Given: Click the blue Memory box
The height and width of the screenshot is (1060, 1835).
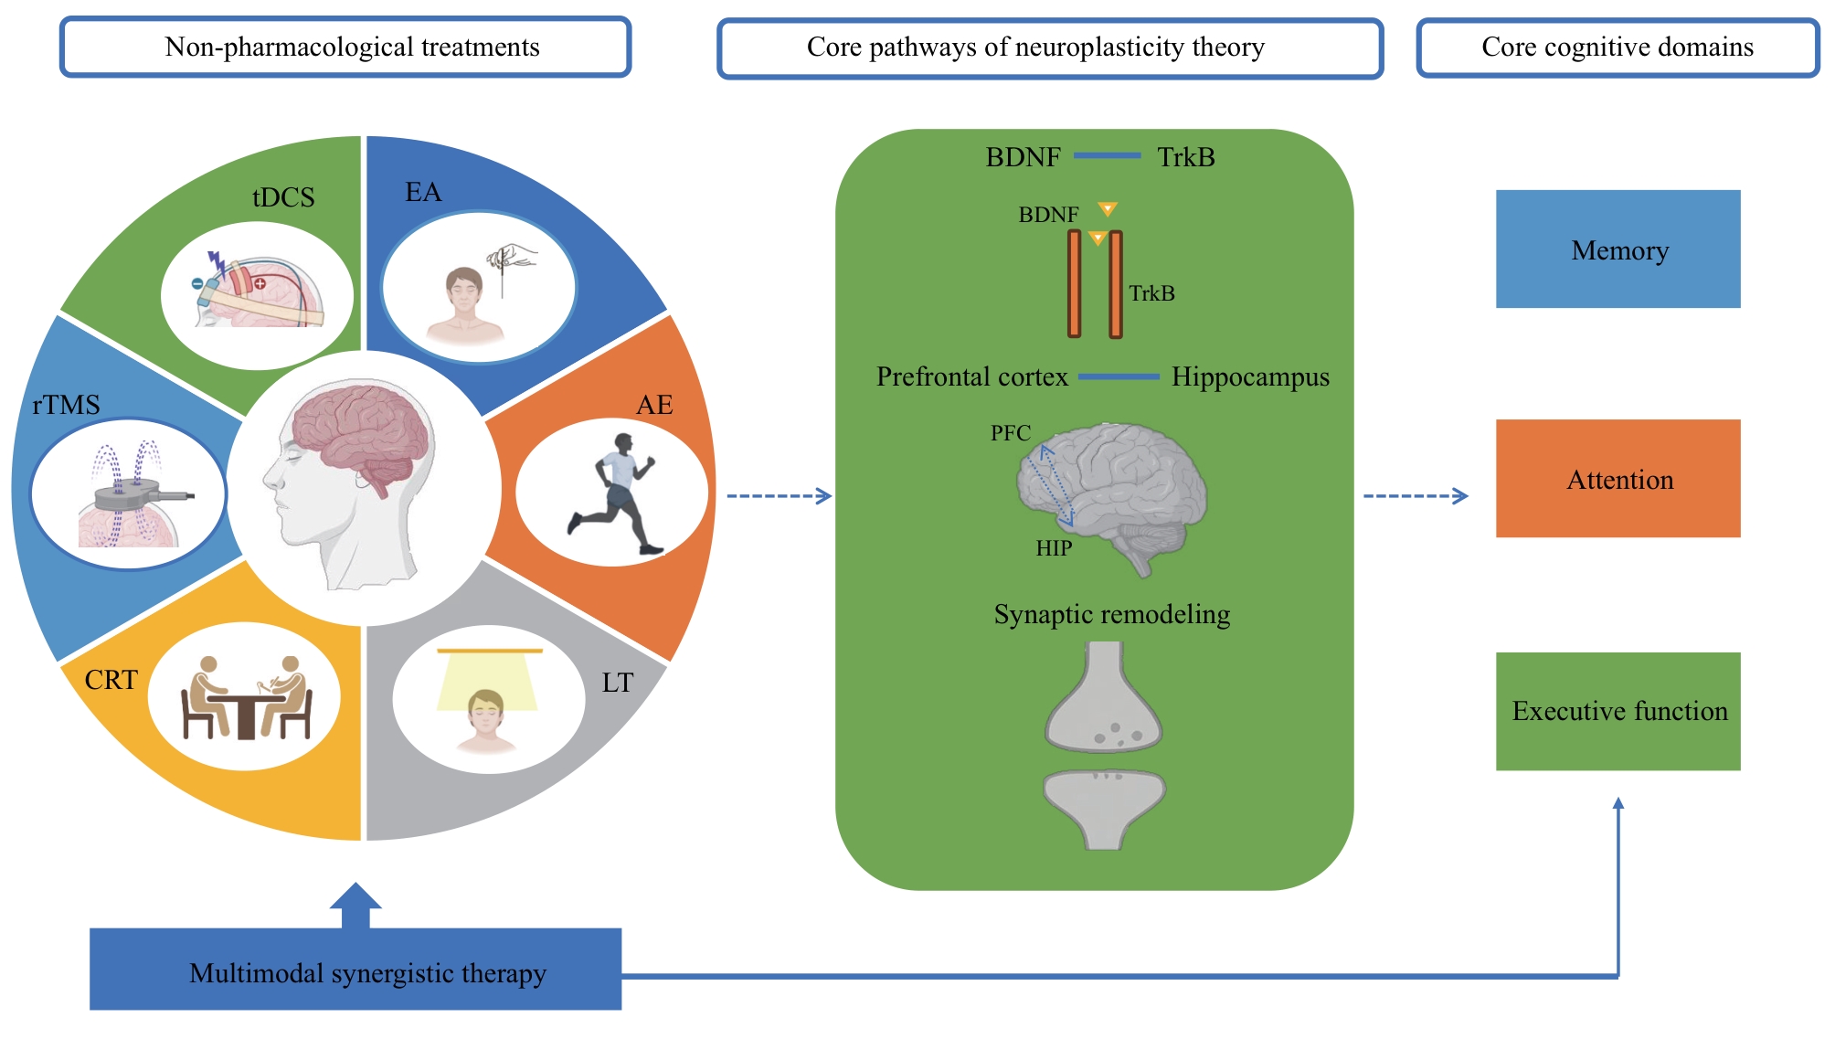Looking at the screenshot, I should click(x=1618, y=249).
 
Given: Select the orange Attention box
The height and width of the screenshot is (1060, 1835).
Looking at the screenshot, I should click(x=1618, y=478).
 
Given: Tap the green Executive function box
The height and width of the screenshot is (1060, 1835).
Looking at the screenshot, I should click(x=1618, y=711).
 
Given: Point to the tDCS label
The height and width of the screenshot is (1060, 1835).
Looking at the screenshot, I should click(x=283, y=197).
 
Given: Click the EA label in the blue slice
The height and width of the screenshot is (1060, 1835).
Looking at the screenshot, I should click(x=423, y=192).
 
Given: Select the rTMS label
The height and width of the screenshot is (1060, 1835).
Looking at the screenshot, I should click(x=66, y=405).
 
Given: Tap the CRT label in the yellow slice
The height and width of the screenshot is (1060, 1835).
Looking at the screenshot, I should click(x=111, y=680).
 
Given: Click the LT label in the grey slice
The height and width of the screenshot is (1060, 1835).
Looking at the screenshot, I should click(x=617, y=683).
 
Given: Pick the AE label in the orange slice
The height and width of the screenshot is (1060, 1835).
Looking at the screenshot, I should click(x=654, y=405).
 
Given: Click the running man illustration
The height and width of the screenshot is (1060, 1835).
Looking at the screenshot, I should click(x=613, y=493).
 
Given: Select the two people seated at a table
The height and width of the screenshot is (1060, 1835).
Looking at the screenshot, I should click(x=245, y=697).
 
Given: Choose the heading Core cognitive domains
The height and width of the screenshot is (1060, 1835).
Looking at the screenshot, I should click(x=1618, y=47).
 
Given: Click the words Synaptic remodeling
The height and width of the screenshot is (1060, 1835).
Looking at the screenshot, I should click(x=1111, y=614).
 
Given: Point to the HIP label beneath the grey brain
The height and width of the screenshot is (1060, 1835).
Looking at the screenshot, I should click(x=1054, y=548).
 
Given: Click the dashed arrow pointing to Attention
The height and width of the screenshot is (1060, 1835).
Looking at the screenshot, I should click(x=1416, y=496).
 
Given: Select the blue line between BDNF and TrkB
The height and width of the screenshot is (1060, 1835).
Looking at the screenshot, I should click(x=1107, y=156).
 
